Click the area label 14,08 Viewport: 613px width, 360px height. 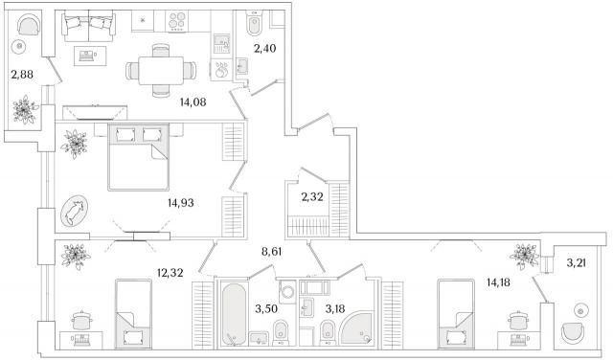click(x=193, y=102)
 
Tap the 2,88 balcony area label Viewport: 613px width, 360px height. click(x=22, y=75)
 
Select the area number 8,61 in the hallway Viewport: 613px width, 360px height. click(x=271, y=252)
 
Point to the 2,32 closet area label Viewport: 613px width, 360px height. click(x=312, y=197)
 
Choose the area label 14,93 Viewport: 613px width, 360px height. click(x=181, y=203)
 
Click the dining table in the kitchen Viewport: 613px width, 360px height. click(x=161, y=70)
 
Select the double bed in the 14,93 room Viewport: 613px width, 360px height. click(x=138, y=157)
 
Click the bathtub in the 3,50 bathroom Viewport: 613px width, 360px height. click(x=234, y=313)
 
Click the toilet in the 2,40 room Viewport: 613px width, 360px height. click(x=255, y=22)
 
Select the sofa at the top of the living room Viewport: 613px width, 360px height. click(x=89, y=26)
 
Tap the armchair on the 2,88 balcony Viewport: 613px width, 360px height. click(x=29, y=24)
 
